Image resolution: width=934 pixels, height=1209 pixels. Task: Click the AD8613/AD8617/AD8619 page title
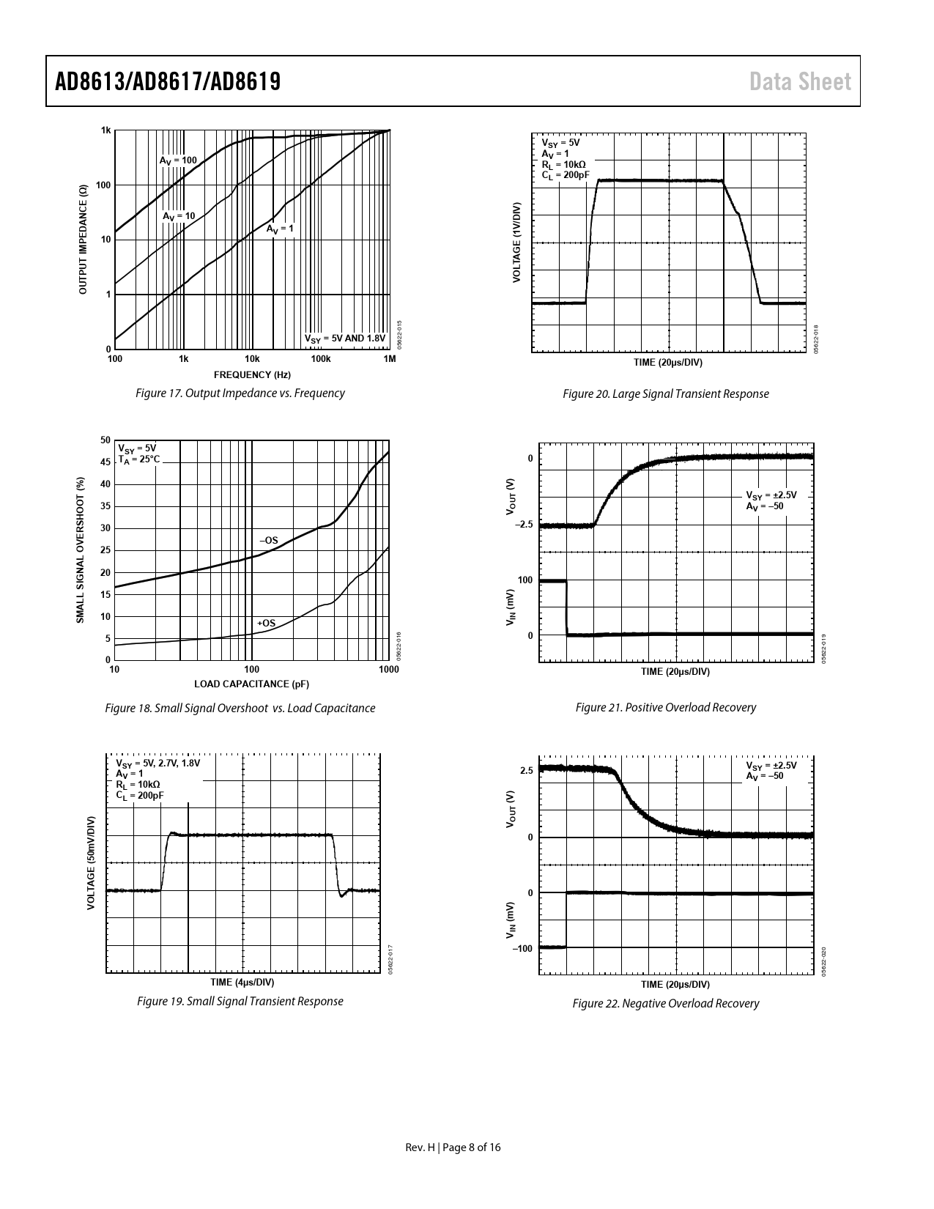point(168,81)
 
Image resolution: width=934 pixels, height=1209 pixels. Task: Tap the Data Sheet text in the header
point(800,81)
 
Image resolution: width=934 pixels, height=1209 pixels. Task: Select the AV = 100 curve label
point(178,160)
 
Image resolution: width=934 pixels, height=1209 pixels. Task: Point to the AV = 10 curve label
point(179,216)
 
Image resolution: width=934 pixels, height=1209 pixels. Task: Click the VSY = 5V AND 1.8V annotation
point(344,338)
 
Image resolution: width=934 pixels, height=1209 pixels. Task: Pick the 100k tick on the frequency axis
point(320,359)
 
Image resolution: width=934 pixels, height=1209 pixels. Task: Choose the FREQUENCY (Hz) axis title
point(252,375)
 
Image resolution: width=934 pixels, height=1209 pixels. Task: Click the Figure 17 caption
point(240,393)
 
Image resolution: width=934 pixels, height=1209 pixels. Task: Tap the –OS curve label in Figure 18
point(269,540)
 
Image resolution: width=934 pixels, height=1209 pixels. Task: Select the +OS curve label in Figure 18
point(266,624)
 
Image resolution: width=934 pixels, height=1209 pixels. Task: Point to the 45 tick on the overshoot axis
point(105,462)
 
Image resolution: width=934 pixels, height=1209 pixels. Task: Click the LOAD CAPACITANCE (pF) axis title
point(251,684)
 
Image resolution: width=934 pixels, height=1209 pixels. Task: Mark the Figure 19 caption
point(240,1002)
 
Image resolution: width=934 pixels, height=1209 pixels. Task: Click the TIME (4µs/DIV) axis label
point(242,982)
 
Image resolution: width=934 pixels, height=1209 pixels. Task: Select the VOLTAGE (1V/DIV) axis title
point(516,242)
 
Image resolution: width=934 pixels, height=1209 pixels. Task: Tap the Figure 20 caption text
point(666,394)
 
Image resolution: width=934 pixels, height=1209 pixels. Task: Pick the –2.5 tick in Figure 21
point(523,525)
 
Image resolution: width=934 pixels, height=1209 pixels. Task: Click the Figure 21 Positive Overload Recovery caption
point(666,708)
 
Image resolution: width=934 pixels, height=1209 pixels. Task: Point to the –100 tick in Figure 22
point(522,949)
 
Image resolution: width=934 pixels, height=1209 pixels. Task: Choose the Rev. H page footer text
point(453,1147)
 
